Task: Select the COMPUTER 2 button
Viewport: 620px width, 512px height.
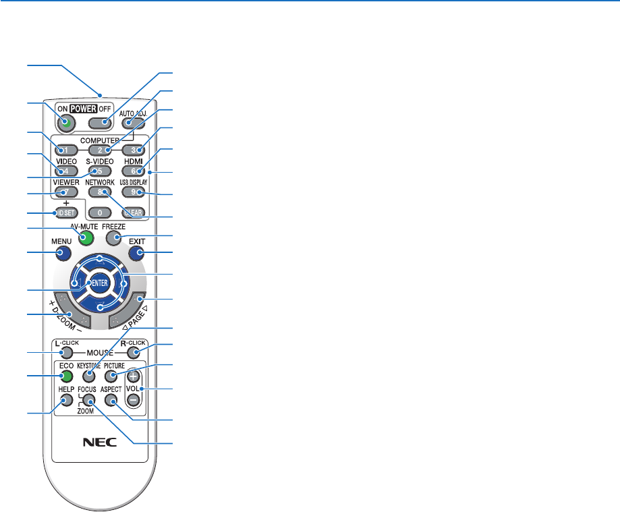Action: [x=99, y=149]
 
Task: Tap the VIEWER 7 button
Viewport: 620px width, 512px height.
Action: [x=63, y=192]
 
